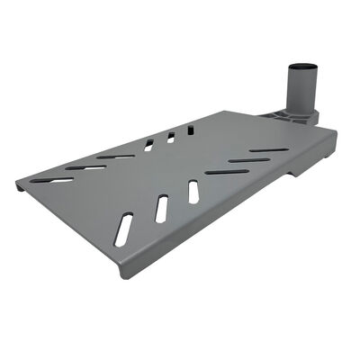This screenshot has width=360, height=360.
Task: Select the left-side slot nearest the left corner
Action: pyautogui.click(x=59, y=179)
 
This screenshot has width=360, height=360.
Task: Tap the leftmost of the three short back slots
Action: pyautogui.click(x=149, y=144)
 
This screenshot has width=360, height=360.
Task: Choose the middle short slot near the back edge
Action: pyautogui.click(x=169, y=137)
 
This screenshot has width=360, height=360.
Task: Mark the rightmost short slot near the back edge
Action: pyautogui.click(x=189, y=130)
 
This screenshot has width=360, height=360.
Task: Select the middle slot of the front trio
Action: pyautogui.click(x=161, y=209)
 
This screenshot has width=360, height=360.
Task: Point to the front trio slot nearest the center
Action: pyautogui.click(x=193, y=192)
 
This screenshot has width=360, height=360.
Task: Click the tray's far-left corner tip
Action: pyautogui.click(x=18, y=186)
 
